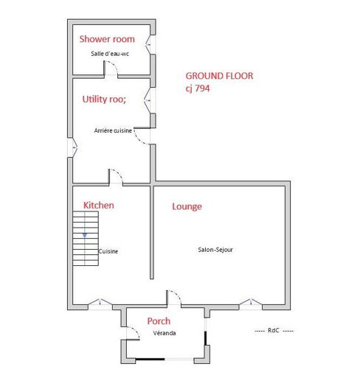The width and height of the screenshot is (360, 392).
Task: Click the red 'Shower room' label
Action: pos(107,39)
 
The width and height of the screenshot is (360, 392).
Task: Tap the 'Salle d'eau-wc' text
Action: pos(110,54)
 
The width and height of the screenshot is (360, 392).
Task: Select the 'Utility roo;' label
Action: pos(104,99)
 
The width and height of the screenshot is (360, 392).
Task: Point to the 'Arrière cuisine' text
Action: pos(113,130)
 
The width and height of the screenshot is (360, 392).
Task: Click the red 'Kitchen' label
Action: pos(99,206)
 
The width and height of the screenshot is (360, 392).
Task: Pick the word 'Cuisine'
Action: pos(108,251)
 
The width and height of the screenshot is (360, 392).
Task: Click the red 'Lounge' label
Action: pos(187,207)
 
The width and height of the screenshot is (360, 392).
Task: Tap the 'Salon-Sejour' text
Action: pos(215,250)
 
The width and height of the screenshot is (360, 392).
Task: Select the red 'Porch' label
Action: pos(159,321)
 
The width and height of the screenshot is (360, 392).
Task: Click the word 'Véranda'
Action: pos(165,333)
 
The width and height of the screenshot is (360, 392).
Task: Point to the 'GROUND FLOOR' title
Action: pos(219,76)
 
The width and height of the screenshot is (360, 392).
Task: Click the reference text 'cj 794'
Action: pos(198,88)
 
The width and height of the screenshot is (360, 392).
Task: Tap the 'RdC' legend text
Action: pos(274,330)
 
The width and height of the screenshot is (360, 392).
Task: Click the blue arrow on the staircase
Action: pos(85,235)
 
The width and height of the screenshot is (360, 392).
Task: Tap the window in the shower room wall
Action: pos(148,44)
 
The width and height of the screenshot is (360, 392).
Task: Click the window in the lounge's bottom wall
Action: pos(251,303)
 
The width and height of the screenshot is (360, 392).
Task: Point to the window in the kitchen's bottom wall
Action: pos(100,303)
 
